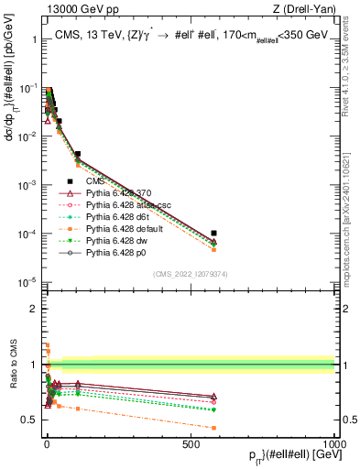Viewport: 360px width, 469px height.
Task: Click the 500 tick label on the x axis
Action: coord(191,443)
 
